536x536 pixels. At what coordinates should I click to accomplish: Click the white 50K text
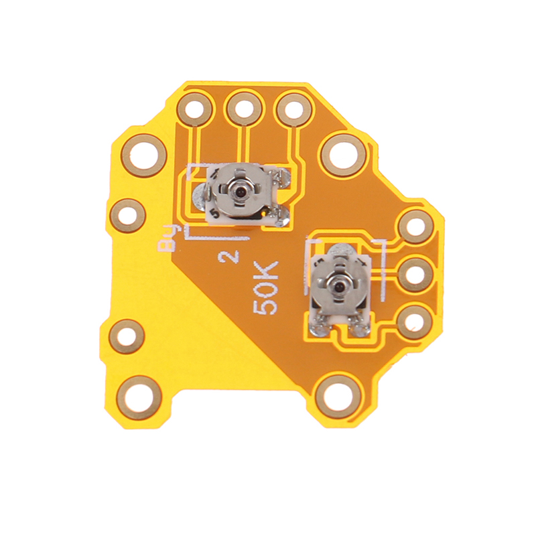pyautogui.click(x=265, y=288)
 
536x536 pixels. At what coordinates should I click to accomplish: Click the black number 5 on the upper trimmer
pyautogui.click(x=214, y=214)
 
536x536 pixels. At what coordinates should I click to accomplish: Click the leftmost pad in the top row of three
pyautogui.click(x=195, y=109)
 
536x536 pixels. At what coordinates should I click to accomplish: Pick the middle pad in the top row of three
pyautogui.click(x=244, y=109)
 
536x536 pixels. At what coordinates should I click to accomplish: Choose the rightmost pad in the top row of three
pyautogui.click(x=294, y=109)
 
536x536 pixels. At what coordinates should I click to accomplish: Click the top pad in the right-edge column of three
pyautogui.click(x=416, y=227)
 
